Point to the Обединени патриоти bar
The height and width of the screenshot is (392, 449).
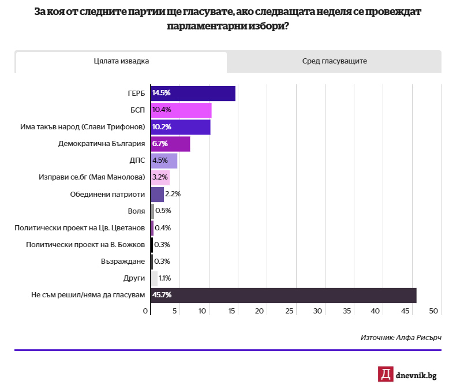(158, 195)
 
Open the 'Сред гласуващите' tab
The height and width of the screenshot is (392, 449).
(334, 61)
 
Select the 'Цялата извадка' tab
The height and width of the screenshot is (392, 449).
(121, 61)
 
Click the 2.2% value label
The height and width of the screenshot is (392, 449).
(173, 195)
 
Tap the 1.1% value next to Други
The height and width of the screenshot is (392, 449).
(164, 278)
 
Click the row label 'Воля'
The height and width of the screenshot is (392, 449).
(136, 211)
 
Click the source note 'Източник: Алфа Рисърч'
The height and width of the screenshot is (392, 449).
(401, 337)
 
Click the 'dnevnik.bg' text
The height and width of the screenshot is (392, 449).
(416, 375)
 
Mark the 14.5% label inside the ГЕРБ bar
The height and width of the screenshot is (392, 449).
(162, 94)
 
